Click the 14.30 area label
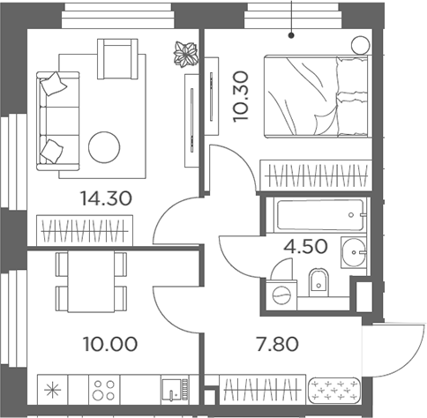(106, 198)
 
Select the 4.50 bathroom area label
(305, 246)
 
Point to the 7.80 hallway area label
(278, 344)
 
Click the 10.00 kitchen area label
(110, 344)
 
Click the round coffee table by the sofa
(104, 147)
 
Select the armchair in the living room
(117, 59)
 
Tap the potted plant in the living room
(185, 55)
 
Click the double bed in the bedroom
(316, 96)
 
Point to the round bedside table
(360, 45)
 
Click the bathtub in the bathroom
(320, 215)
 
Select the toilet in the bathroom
(318, 282)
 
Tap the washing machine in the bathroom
(281, 295)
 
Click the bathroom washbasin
(354, 252)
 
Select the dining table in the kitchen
(91, 281)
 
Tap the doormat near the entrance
(334, 390)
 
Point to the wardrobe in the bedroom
(316, 175)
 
